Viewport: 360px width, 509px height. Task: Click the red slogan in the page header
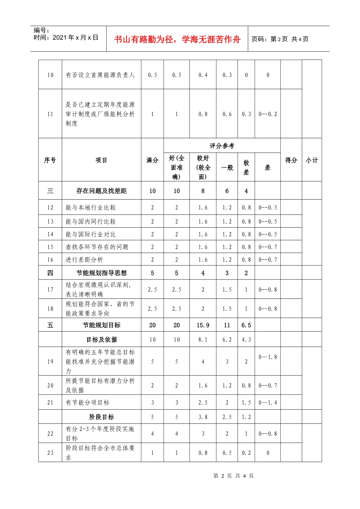pos(177,39)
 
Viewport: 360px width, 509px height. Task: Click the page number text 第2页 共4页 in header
pos(280,39)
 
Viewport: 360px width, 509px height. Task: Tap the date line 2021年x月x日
pos(66,37)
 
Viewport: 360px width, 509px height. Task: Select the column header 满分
pos(152,160)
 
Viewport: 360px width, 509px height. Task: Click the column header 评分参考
pos(222,146)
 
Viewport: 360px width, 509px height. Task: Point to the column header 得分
pos(291,160)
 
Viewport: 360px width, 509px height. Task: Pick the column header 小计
pos(311,160)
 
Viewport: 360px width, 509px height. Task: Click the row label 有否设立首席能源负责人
pos(100,75)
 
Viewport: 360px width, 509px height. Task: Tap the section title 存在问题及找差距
pos(101,191)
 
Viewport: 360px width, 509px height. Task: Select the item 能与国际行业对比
pos(91,234)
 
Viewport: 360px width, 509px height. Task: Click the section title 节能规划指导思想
pos(101,273)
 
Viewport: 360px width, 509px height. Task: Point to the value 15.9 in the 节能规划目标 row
pos(203,325)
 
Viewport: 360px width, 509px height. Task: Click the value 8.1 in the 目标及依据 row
pos(203,340)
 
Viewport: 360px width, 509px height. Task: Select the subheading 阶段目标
pos(101,417)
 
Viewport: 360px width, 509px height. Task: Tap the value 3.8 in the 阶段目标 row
pos(203,417)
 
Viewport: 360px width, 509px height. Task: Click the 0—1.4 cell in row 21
pos(268,403)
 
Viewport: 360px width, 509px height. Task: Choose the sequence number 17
pos(50,290)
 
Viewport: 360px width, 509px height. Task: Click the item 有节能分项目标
pos(88,403)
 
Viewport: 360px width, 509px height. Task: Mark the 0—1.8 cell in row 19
pos(268,357)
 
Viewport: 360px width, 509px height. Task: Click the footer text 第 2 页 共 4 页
pos(233,476)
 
